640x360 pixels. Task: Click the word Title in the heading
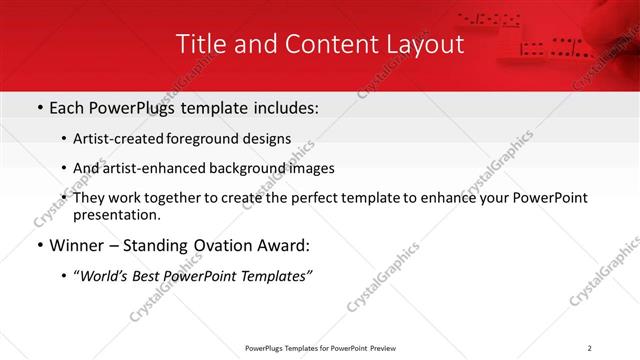199,44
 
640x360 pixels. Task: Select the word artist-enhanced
174,168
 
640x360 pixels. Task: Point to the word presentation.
116,214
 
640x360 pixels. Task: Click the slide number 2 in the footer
590,348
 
